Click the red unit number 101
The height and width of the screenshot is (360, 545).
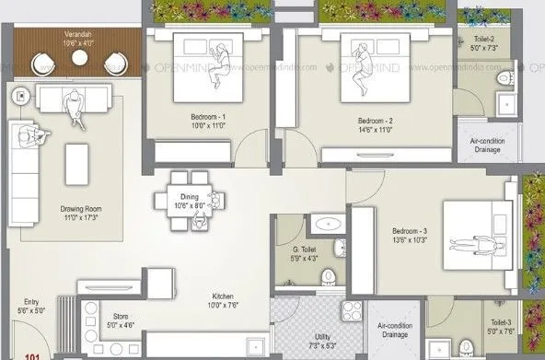(x=32, y=354)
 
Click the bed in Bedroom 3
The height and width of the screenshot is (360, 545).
(x=479, y=242)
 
